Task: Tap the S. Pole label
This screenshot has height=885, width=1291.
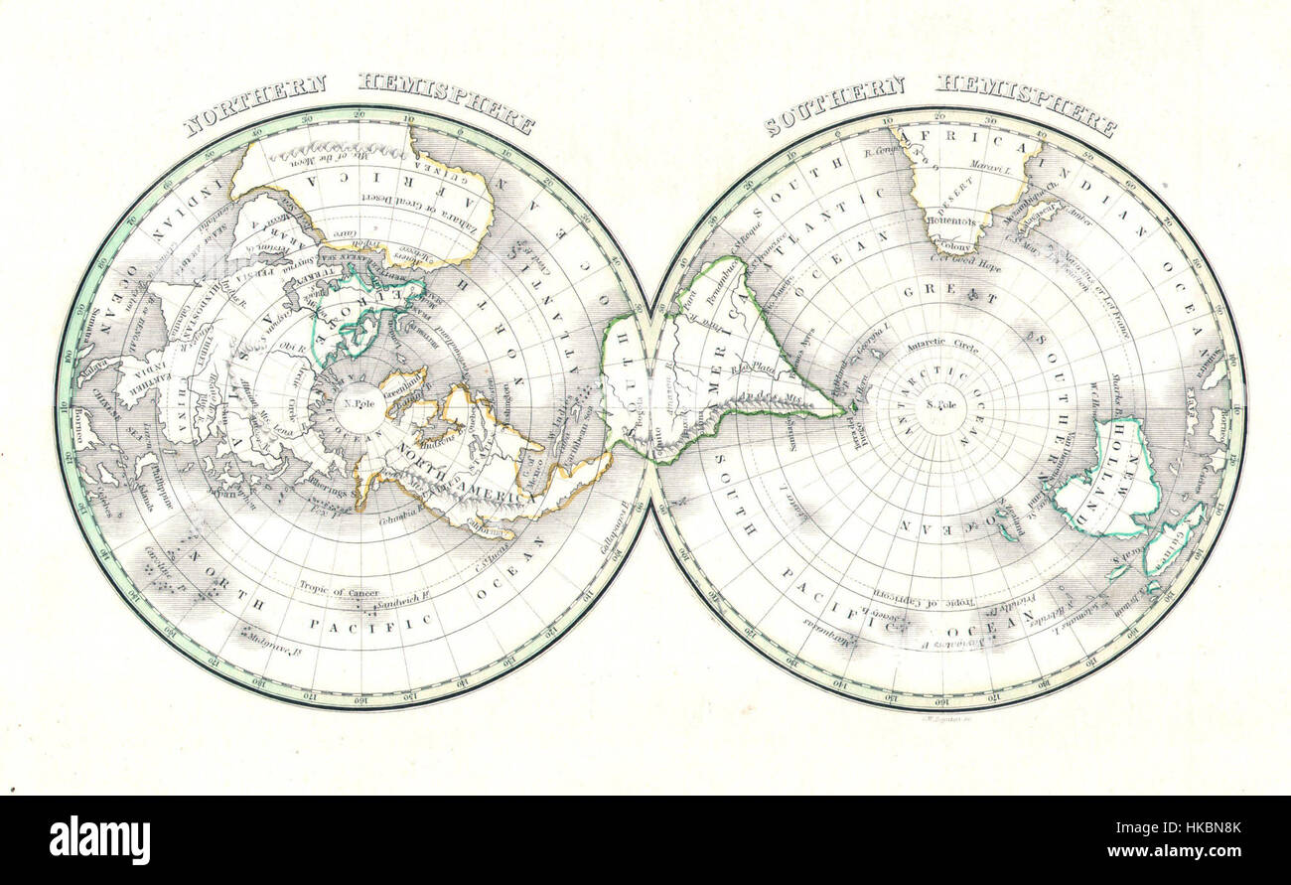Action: [x=939, y=405]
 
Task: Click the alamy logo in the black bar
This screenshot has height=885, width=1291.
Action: [x=99, y=840]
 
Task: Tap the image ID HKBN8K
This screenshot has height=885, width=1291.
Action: [x=1216, y=827]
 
